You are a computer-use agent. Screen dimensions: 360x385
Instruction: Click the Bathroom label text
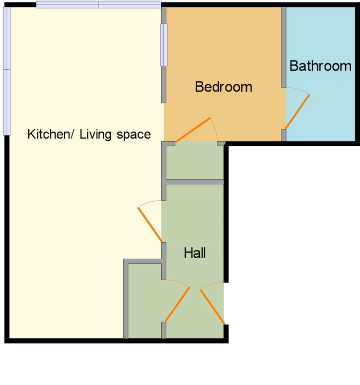pyautogui.click(x=320, y=66)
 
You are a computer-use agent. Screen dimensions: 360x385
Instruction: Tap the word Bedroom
pyautogui.click(x=223, y=87)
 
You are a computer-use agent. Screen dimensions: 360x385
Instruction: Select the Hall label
pyautogui.click(x=195, y=253)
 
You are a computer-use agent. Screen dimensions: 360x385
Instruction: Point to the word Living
pyautogui.click(x=96, y=134)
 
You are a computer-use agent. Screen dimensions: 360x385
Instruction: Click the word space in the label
pyautogui.click(x=134, y=135)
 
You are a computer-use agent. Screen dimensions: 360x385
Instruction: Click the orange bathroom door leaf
pyautogui.click(x=297, y=112)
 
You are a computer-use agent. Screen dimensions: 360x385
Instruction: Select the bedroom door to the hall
pyautogui.click(x=193, y=130)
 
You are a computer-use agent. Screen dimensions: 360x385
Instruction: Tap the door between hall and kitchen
pyautogui.click(x=150, y=225)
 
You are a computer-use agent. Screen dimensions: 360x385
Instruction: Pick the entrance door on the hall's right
pyautogui.click(x=212, y=307)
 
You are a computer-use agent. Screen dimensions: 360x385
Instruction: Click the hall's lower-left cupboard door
pyautogui.click(x=177, y=304)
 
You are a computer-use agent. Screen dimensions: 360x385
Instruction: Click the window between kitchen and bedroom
pyautogui.click(x=164, y=45)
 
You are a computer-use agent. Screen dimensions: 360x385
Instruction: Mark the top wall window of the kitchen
pyautogui.click(x=99, y=5)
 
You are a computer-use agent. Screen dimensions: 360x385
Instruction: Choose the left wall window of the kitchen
pyautogui.click(x=7, y=71)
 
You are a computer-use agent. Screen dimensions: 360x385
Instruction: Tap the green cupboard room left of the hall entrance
pyautogui.click(x=145, y=301)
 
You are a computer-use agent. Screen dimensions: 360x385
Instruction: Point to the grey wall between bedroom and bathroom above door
pyautogui.click(x=284, y=47)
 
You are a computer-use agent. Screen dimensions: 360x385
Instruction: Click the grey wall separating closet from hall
pyautogui.click(x=195, y=182)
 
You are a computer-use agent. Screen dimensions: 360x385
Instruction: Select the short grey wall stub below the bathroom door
pyautogui.click(x=284, y=136)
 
